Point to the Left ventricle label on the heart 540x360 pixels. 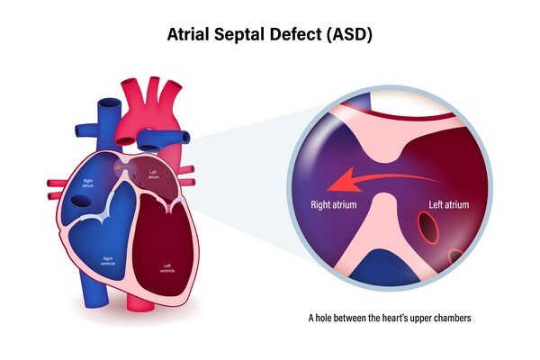(167, 268)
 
